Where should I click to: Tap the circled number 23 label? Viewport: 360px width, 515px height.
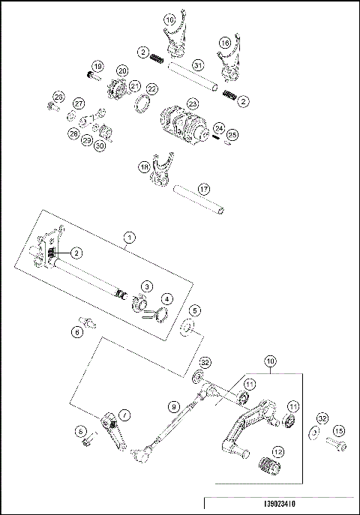coord(193,103)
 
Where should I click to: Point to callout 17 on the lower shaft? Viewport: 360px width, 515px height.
coord(202,188)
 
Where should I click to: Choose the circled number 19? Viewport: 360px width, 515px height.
coord(97,67)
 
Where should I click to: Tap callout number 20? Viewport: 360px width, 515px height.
coord(121,70)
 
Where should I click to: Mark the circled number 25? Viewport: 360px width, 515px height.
coord(232,135)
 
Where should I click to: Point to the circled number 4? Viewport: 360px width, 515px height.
coord(166,299)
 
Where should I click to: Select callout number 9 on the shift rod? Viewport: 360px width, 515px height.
coord(173,406)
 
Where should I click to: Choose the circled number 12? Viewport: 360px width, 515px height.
coord(277,452)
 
